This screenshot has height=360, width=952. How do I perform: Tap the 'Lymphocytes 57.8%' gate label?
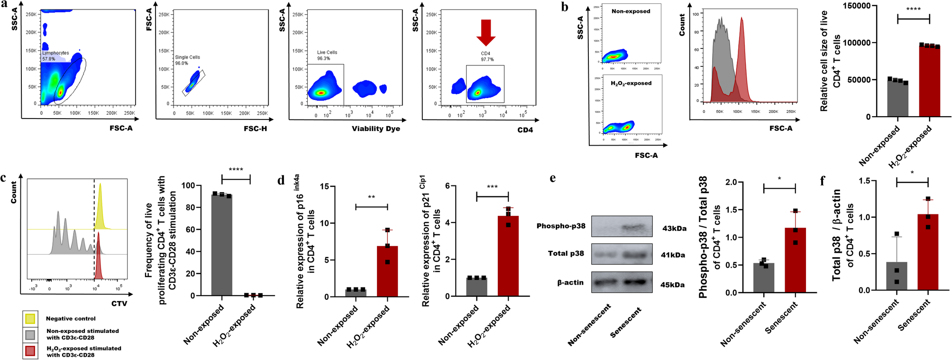coord(55,56)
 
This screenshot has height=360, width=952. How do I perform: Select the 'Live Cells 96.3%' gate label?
coord(327,55)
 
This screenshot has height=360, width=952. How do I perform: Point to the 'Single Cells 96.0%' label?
coord(187,60)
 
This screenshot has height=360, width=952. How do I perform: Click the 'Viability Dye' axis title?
coord(375,129)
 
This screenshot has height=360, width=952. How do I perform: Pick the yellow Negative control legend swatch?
coord(30,319)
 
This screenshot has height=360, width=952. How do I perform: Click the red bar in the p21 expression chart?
coord(508,256)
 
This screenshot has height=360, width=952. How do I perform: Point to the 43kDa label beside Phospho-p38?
coord(674,229)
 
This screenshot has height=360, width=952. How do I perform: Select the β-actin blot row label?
coord(570,283)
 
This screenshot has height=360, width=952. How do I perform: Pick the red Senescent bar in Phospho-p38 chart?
coord(795,260)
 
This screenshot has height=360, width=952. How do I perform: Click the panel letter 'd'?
coord(281,180)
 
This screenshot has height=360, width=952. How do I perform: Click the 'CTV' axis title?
coord(119,304)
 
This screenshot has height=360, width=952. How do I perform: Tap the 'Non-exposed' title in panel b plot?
coord(631,11)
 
